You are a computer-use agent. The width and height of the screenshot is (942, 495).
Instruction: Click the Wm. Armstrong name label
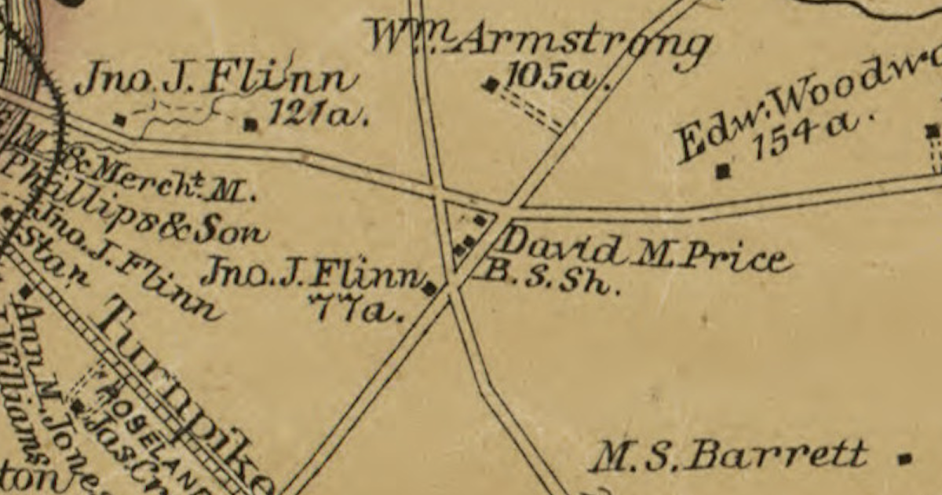[540, 43]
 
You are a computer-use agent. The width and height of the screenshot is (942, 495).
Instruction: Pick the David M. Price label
[644, 251]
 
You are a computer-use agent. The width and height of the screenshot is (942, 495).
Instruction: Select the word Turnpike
[188, 393]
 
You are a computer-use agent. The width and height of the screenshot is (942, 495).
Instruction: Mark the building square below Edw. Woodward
[723, 170]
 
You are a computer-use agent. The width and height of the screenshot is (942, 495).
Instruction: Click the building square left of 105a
[491, 84]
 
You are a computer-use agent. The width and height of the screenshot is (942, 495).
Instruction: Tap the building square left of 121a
[250, 123]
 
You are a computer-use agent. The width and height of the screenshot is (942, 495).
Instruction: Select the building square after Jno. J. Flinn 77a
[429, 288]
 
